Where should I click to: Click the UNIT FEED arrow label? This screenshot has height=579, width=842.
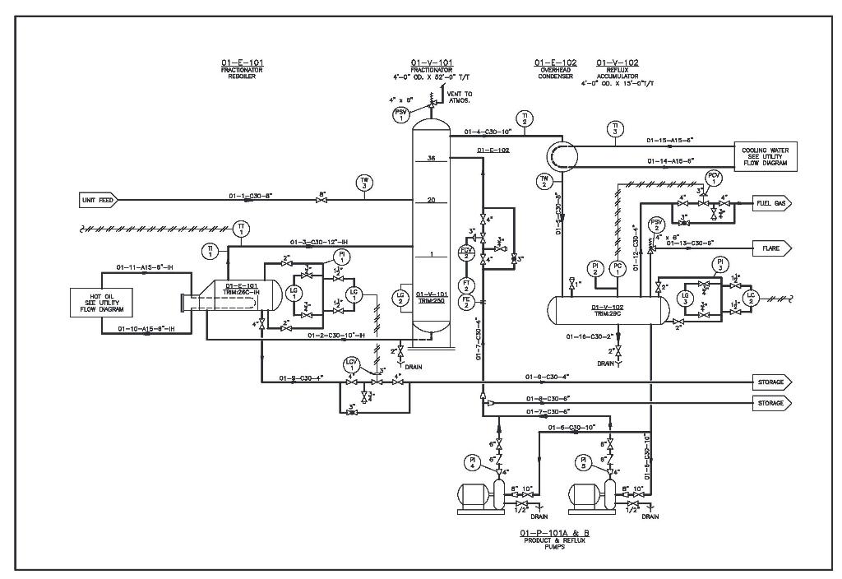[98, 199]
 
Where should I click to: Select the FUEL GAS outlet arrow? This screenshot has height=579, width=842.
[772, 202]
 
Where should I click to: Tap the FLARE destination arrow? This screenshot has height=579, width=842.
[772, 247]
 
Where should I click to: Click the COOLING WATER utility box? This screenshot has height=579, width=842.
[765, 157]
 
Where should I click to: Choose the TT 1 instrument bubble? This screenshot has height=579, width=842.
[241, 228]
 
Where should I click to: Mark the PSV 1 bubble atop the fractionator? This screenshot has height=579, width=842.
[400, 114]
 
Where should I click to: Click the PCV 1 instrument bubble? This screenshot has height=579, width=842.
[714, 178]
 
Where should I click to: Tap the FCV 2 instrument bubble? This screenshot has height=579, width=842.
[465, 252]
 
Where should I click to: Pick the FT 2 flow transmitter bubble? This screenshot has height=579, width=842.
[465, 284]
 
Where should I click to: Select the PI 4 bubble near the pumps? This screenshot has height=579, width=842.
[473, 463]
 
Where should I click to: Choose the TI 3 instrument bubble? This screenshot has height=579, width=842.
[615, 127]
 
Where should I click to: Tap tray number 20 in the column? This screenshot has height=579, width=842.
[431, 200]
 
